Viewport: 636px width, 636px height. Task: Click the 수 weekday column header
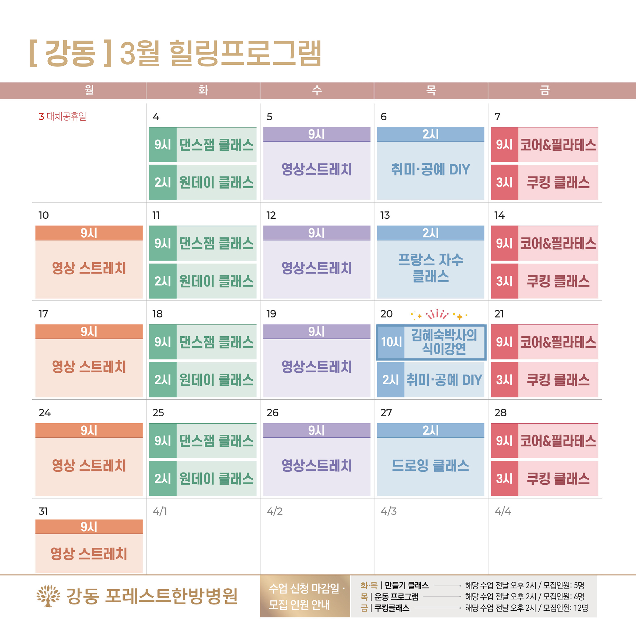pos(317,90)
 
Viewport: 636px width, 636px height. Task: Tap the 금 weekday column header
pos(544,90)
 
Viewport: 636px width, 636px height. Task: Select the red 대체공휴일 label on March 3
pos(66,117)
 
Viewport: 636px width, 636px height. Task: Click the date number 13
pos(385,215)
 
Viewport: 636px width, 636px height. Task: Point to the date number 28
pos(500,413)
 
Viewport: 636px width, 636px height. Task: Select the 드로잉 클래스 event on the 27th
pos(431,466)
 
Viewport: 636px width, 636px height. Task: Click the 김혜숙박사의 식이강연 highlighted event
pos(444,342)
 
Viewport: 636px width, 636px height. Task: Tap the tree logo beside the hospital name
pos(48,596)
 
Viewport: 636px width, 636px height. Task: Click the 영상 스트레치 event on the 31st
pos(89,554)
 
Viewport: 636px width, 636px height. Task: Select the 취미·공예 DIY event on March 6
pos(431,170)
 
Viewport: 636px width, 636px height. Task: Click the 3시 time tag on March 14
pos(504,281)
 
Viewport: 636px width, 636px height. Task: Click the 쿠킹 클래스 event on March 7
pos(558,182)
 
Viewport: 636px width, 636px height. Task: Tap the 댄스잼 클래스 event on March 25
pos(216,441)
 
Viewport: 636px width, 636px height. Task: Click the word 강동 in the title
pos(70,53)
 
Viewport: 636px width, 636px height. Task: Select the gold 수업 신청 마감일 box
pos(305,596)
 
